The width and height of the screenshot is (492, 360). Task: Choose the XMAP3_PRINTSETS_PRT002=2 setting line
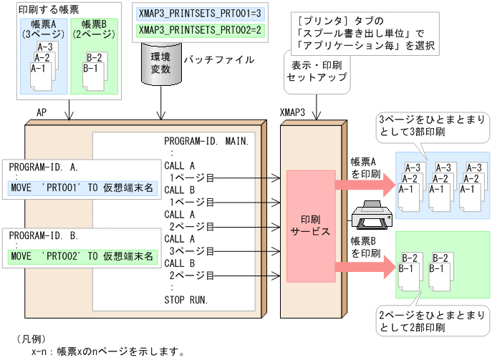pyautogui.click(x=201, y=30)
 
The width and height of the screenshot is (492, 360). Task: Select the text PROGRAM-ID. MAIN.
pyautogui.click(x=206, y=140)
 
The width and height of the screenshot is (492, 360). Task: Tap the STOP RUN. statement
pyautogui.click(x=185, y=299)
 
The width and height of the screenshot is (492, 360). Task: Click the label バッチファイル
pyautogui.click(x=218, y=60)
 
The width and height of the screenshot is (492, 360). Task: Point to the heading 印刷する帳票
pyautogui.click(x=48, y=9)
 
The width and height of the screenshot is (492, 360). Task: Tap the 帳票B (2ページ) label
pyautogui.click(x=94, y=29)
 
